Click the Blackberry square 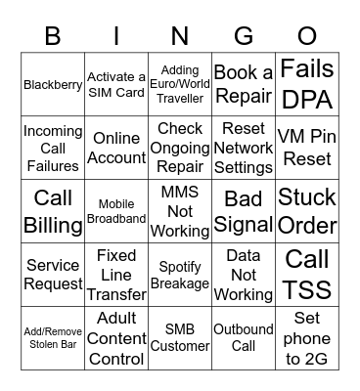coord(53,85)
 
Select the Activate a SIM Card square coord(116,85)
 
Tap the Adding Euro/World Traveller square coord(180,85)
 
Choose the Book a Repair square coord(244,85)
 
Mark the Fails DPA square coord(307,85)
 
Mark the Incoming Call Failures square coord(53,148)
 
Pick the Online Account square coord(116,148)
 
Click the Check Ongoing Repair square coord(180,148)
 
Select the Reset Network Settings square coord(244,148)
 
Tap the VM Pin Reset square coord(307,148)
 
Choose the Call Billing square coord(53,211)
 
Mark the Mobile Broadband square coord(116,211)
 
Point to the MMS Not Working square coord(180,211)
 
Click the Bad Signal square coord(244,211)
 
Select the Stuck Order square coord(307,211)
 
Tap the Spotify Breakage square coord(180,275)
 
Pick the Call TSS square coord(307,275)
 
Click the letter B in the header coord(53,36)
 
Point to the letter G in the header coord(244,36)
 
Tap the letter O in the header coord(307,36)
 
